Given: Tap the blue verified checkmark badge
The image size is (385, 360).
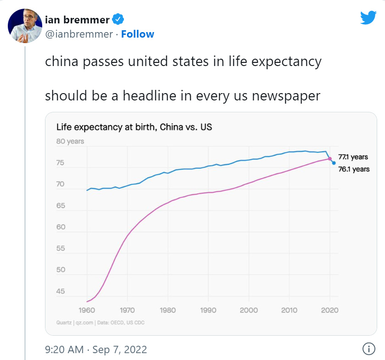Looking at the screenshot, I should pyautogui.click(x=118, y=20).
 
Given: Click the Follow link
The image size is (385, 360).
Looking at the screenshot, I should pyautogui.click(x=138, y=34).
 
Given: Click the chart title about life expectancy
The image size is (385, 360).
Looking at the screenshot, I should pyautogui.click(x=134, y=127).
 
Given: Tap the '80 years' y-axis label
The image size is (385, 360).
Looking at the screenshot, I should pyautogui.click(x=70, y=141).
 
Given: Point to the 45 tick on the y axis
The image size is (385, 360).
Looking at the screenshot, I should pyautogui.click(x=60, y=291).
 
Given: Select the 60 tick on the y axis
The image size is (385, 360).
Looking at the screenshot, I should pyautogui.click(x=60, y=227).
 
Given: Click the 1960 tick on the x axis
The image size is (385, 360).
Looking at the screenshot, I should pyautogui.click(x=87, y=310).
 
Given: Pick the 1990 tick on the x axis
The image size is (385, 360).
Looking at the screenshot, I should pyautogui.click(x=208, y=310).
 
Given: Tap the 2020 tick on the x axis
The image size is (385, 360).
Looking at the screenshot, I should pyautogui.click(x=329, y=310).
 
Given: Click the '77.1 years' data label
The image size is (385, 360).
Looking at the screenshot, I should pyautogui.click(x=353, y=157).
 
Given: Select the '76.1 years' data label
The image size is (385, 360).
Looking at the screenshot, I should pyautogui.click(x=353, y=169).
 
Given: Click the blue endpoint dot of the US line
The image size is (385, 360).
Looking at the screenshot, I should pyautogui.click(x=334, y=163).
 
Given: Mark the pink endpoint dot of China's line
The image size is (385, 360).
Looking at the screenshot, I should pyautogui.click(x=329, y=159).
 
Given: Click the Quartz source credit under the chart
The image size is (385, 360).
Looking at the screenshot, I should pyautogui.click(x=100, y=323).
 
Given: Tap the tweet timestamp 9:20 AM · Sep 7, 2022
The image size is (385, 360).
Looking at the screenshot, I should pyautogui.click(x=96, y=349).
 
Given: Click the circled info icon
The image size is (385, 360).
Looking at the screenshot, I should pyautogui.click(x=368, y=349).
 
